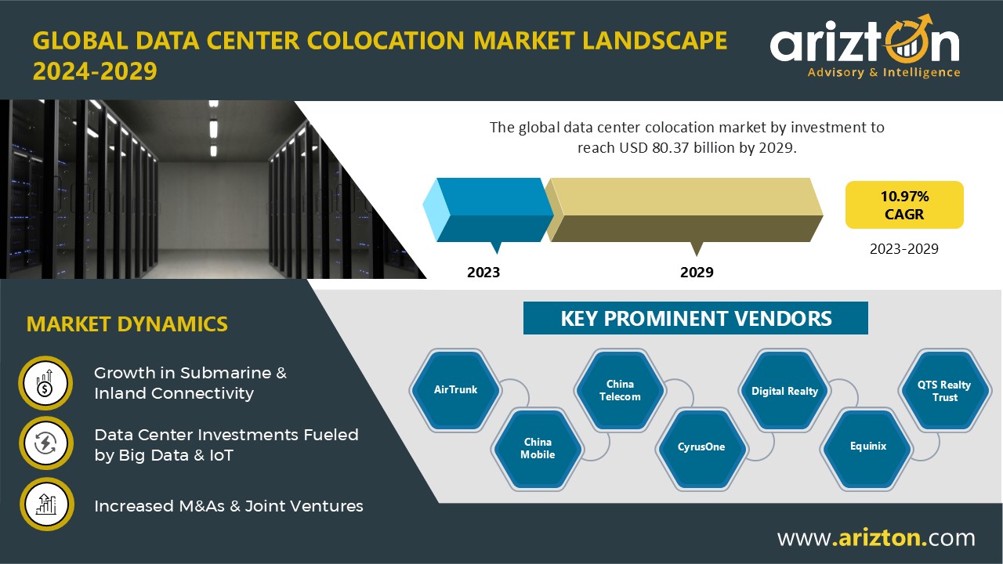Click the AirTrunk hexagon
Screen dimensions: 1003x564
pos(455,390)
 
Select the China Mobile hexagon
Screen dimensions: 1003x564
pos(538,448)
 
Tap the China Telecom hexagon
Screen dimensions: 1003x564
pos(620,390)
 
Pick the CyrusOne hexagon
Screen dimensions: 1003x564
pos(701,448)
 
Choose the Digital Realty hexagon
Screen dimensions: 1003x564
pos(784,391)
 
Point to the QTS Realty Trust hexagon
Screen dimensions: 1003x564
pos(944,391)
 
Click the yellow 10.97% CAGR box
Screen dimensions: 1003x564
pos(904,205)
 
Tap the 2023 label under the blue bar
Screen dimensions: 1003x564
pos(483,272)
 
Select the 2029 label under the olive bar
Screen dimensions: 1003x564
pos(697,272)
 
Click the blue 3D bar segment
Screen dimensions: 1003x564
pos(488,211)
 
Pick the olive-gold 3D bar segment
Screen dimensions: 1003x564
pos(684,211)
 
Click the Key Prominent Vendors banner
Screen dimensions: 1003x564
pos(695,318)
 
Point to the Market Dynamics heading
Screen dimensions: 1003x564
pos(127,324)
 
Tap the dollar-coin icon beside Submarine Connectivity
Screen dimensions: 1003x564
pos(45,383)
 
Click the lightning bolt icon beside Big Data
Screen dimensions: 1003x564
pos(45,443)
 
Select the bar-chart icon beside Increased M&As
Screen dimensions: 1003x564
pos(46,504)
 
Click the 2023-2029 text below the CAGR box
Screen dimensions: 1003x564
pos(904,249)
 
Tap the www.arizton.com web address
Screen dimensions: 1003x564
pos(876,537)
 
